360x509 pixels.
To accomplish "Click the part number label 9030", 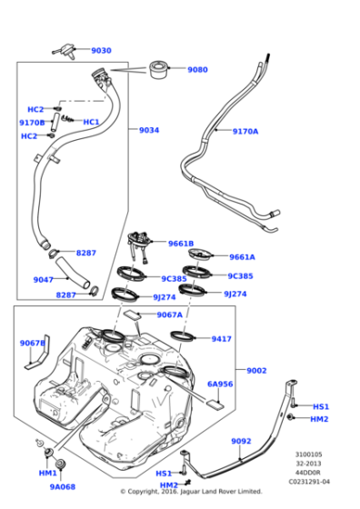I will tap(101, 51).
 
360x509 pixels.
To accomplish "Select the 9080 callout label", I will tap(197, 69).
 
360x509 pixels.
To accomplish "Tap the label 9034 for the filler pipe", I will tap(149, 130).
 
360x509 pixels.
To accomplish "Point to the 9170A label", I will tap(245, 131).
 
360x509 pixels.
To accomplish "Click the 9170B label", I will tap(32, 122).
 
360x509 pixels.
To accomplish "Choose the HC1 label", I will tap(91, 122).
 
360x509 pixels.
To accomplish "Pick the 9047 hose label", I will tap(44, 279).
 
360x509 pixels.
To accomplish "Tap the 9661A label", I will tap(242, 257).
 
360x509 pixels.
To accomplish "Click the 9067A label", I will tap(169, 314).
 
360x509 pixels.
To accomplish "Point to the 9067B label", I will tap(33, 343).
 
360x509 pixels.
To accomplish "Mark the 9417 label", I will tap(221, 338).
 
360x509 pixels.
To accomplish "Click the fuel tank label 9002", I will tap(256, 370).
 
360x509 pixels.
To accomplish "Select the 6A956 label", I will tap(220, 384).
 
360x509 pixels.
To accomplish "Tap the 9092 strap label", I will tap(240, 441).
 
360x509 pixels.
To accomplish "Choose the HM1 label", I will tap(47, 474).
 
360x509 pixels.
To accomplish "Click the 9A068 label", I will tap(62, 487).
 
